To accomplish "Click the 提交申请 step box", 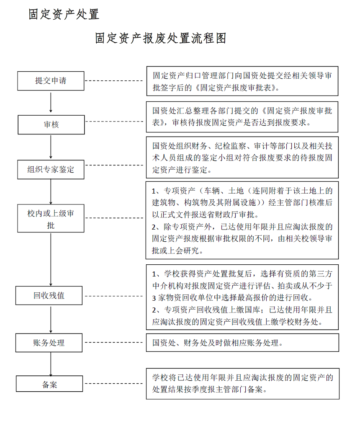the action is (x=51, y=81).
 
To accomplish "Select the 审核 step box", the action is (x=51, y=125).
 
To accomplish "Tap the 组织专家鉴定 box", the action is (x=51, y=170).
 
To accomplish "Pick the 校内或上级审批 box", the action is (x=51, y=218).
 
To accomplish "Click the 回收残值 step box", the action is (x=49, y=296).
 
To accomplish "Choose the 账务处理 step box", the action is (x=49, y=343).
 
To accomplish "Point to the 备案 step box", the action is (x=49, y=384).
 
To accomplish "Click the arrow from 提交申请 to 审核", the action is (x=51, y=103).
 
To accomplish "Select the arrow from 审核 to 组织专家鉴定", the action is (x=51, y=147).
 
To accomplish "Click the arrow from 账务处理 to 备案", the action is (x=51, y=364).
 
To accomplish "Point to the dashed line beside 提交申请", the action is (x=114, y=81).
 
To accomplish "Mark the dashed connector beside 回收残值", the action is (x=114, y=296).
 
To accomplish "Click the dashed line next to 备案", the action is (x=114, y=384).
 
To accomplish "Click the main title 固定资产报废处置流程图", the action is (x=161, y=38).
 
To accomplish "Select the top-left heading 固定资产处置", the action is (x=64, y=14).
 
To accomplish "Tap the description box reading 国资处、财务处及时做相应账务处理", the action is (x=242, y=343).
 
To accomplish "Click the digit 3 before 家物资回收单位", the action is (x=154, y=298).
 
